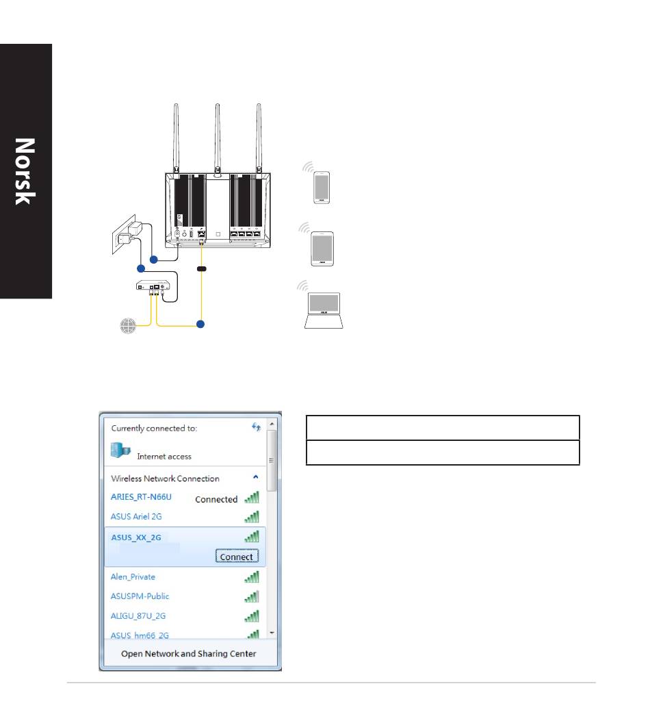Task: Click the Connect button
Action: [237, 556]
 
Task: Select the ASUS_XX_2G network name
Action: [136, 537]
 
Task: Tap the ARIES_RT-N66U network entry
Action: [141, 496]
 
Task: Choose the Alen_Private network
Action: [133, 576]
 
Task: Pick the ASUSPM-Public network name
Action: [140, 596]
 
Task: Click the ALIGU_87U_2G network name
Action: [138, 616]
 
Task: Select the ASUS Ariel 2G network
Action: [136, 516]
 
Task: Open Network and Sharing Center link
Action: [188, 653]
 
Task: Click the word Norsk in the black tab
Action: [25, 172]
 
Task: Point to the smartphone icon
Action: [322, 187]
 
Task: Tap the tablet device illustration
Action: [322, 249]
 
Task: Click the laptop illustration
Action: [324, 310]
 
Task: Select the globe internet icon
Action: [128, 325]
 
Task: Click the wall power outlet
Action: [124, 235]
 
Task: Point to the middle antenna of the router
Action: [218, 139]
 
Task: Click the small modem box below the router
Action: [153, 286]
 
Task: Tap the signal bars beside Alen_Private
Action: [252, 576]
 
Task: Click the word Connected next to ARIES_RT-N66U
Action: [216, 499]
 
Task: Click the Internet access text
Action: [164, 456]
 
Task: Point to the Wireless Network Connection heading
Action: [165, 478]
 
